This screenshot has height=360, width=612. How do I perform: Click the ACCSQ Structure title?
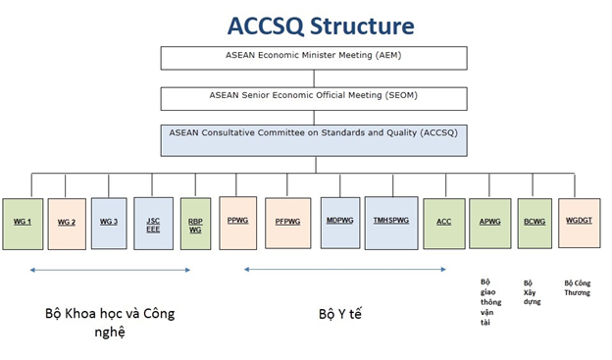click(321, 26)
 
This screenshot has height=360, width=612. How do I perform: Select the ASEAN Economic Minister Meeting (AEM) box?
click(314, 58)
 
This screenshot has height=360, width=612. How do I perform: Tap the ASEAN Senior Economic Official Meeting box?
click(314, 99)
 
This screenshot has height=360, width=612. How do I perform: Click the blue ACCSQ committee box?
click(314, 140)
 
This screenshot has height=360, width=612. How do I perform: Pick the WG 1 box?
click(23, 224)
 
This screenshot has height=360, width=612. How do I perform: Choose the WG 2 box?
click(67, 224)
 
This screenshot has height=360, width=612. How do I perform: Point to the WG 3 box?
click(109, 224)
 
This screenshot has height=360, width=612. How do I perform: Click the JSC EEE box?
click(153, 224)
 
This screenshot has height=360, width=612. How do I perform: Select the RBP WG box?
click(195, 224)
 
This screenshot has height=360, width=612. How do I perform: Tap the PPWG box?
click(238, 223)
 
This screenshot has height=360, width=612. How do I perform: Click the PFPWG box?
click(288, 224)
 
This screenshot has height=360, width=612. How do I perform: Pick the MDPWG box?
click(340, 223)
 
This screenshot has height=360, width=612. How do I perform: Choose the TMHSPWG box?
click(391, 224)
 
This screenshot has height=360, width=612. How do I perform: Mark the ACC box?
click(444, 224)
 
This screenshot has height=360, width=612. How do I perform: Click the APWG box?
click(490, 224)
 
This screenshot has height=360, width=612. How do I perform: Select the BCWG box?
click(535, 224)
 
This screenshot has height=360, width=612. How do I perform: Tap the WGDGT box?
click(580, 224)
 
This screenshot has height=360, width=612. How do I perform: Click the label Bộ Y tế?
click(340, 314)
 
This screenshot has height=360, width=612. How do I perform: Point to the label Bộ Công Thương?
click(578, 288)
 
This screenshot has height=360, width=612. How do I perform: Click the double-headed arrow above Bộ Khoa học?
click(110, 270)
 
